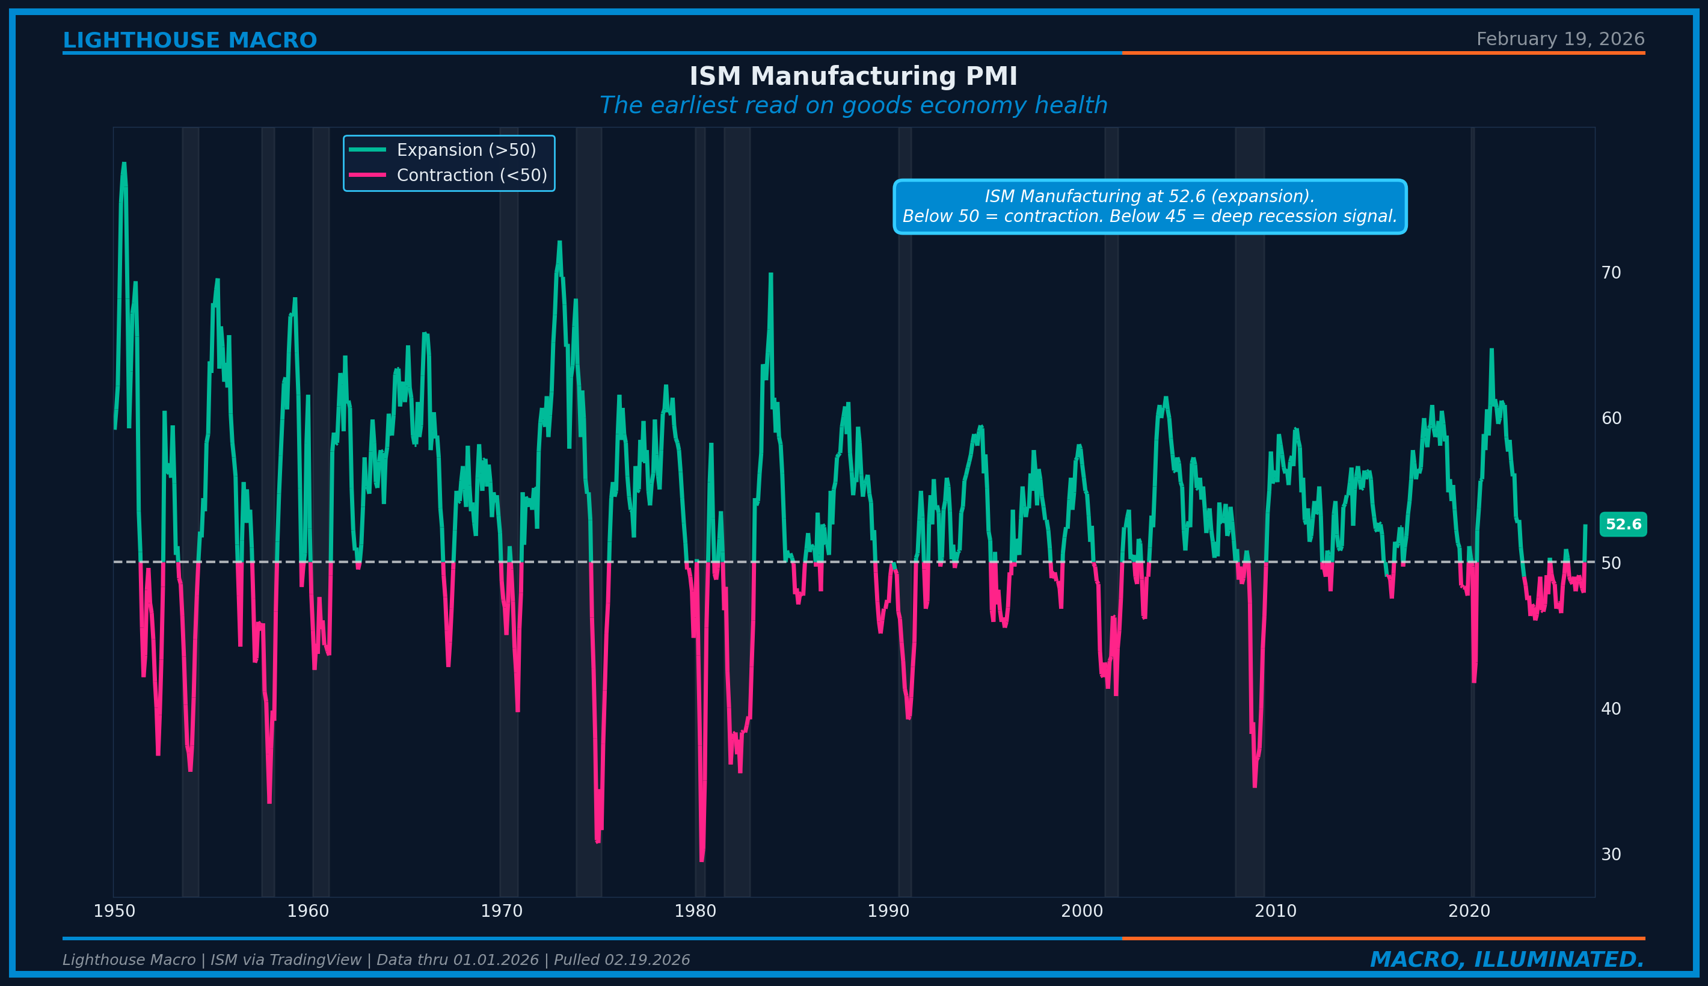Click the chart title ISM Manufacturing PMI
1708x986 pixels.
click(x=853, y=76)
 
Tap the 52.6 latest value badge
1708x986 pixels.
click(x=1623, y=525)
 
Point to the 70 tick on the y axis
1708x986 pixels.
click(x=1611, y=273)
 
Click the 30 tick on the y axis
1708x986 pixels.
click(x=1611, y=855)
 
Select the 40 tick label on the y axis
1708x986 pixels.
click(x=1611, y=709)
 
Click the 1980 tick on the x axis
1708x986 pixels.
click(x=695, y=911)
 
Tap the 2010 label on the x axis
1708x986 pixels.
click(x=1276, y=911)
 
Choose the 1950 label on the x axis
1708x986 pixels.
click(x=114, y=911)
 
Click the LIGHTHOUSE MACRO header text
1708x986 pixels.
click(x=189, y=41)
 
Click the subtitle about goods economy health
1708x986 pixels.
click(x=853, y=106)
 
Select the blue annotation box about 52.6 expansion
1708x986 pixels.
click(x=1149, y=206)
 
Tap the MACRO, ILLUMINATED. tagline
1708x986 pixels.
click(x=1507, y=960)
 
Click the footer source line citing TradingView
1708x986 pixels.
click(x=376, y=960)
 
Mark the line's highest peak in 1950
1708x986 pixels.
click(x=124, y=163)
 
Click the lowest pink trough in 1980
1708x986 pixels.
click(x=701, y=860)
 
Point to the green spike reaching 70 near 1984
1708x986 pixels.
click(x=770, y=274)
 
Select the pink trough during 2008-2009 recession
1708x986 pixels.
click(x=1255, y=786)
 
